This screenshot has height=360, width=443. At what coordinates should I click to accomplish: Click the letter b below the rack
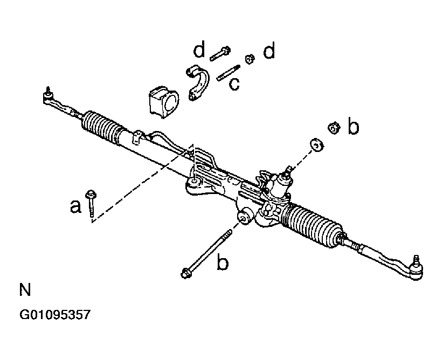pyautogui.click(x=223, y=263)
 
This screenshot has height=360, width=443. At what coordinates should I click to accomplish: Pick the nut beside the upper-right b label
pyautogui.click(x=333, y=128)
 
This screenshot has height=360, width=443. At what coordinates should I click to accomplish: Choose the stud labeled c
pyautogui.click(x=228, y=72)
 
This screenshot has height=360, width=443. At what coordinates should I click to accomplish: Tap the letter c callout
pyautogui.click(x=234, y=84)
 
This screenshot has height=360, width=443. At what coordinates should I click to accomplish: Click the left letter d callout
pyautogui.click(x=199, y=51)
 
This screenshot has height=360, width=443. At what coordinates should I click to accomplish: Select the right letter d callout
pyautogui.click(x=269, y=51)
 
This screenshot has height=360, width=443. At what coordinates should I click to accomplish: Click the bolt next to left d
pyautogui.click(x=220, y=54)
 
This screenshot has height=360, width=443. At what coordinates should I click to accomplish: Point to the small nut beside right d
pyautogui.click(x=250, y=58)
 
